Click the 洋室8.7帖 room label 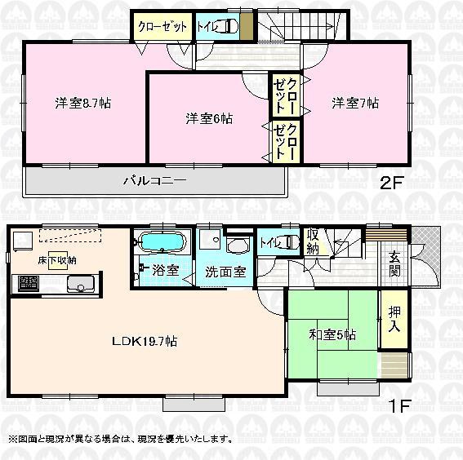[x=83, y=104]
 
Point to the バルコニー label [x=155, y=179]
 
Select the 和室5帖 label [x=333, y=334]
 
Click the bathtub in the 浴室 [x=164, y=243]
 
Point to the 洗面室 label [x=225, y=272]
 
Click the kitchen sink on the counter [x=79, y=285]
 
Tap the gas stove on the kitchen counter [x=29, y=284]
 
